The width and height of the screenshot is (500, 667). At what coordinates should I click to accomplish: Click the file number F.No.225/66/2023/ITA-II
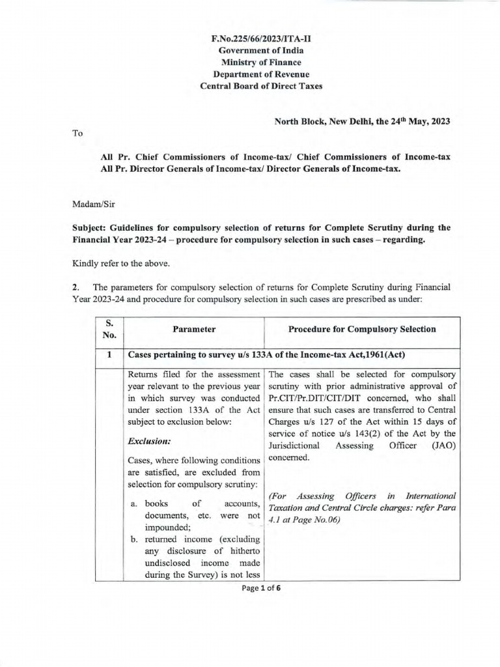(260, 39)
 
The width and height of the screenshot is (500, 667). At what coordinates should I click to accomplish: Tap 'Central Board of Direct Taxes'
(260, 86)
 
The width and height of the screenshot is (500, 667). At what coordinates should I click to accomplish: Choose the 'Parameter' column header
(194, 330)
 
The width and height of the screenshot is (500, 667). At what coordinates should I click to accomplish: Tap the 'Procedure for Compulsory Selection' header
(362, 329)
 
